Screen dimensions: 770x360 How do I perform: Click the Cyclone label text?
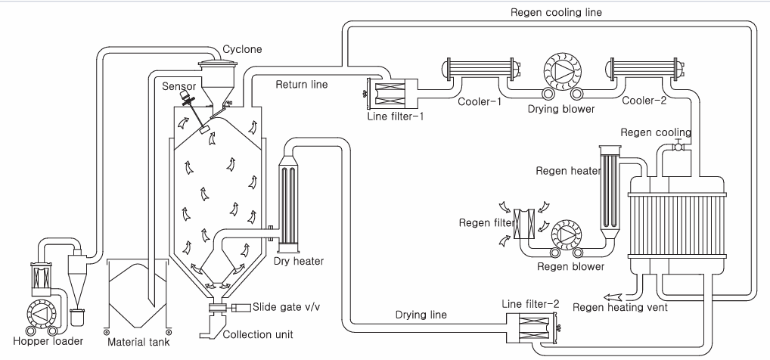[x=242, y=49]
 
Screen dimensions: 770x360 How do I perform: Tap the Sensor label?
[x=179, y=86]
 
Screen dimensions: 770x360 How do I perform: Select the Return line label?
[x=302, y=85]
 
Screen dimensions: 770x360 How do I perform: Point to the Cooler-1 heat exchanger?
[x=481, y=69]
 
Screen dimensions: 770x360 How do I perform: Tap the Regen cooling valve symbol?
[x=678, y=146]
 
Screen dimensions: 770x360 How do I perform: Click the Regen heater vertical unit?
[x=610, y=191]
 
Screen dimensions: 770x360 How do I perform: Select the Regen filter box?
[x=524, y=223]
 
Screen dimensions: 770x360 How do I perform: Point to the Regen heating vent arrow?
[x=612, y=296]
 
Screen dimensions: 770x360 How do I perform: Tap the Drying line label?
[x=421, y=315]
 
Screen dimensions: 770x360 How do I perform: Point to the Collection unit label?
[x=258, y=334]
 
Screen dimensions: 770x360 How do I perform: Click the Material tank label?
[x=138, y=342]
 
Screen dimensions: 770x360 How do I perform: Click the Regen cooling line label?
[x=556, y=12]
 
